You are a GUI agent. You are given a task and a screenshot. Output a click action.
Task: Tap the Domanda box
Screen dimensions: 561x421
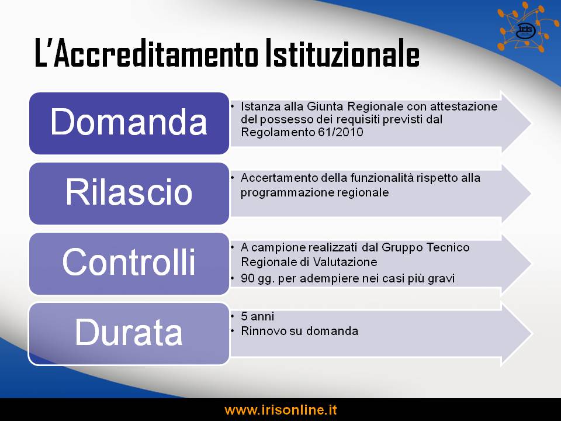pyautogui.click(x=129, y=123)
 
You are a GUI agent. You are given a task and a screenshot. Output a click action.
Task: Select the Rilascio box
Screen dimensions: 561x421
pyautogui.click(x=129, y=194)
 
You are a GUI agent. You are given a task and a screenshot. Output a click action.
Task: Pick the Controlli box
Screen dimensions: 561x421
pyautogui.click(x=129, y=264)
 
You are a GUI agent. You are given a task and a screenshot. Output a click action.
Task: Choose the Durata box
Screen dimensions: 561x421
pyautogui.click(x=129, y=334)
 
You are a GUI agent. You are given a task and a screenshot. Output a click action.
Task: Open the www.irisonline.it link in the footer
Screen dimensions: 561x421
pyautogui.click(x=280, y=409)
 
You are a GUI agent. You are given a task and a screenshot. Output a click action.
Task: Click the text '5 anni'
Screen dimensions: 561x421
pyautogui.click(x=257, y=316)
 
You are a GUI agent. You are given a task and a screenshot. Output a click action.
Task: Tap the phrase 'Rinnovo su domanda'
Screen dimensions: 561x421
pyautogui.click(x=299, y=331)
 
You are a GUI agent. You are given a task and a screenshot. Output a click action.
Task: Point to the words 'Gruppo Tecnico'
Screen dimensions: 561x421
pyautogui.click(x=425, y=247)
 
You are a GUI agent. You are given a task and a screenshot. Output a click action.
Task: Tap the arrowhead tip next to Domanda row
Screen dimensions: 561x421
pyautogui.click(x=531, y=122)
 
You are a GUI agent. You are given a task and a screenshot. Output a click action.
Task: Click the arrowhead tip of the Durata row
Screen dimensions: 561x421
pyautogui.click(x=532, y=333)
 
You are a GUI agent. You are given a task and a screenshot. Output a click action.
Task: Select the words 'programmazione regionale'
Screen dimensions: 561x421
pyautogui.click(x=314, y=192)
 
